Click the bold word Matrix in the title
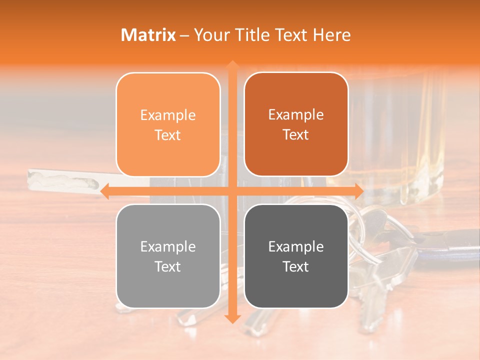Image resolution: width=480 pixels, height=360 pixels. pyautogui.click(x=148, y=35)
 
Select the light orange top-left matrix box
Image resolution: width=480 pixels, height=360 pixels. pyautogui.click(x=168, y=124)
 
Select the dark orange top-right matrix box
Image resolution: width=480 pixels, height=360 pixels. pyautogui.click(x=296, y=124)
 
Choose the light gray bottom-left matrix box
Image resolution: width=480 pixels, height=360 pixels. pyautogui.click(x=168, y=256)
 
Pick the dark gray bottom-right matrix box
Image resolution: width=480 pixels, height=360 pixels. pyautogui.click(x=296, y=256)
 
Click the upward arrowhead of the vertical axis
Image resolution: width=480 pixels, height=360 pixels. pyautogui.click(x=232, y=65)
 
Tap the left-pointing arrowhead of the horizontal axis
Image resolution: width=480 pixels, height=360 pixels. pyautogui.click(x=105, y=191)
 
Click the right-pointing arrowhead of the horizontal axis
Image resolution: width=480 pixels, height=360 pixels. pyautogui.click(x=358, y=191)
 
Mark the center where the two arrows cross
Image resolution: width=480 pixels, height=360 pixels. pyautogui.click(x=232, y=191)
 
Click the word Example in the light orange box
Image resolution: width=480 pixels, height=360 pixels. pyautogui.click(x=168, y=115)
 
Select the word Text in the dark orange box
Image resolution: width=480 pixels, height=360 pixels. pyautogui.click(x=296, y=134)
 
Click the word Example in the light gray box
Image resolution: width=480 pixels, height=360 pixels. pyautogui.click(x=168, y=246)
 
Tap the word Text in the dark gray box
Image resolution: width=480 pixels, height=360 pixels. pyautogui.click(x=296, y=266)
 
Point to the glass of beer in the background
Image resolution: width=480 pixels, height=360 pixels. pyautogui.click(x=400, y=135)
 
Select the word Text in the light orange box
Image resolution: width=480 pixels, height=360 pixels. pyautogui.click(x=168, y=135)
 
